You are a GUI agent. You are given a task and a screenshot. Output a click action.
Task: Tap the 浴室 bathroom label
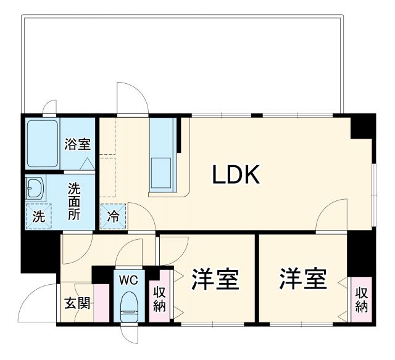coord(78,145)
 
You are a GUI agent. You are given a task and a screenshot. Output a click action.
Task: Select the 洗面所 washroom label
coord(74,201)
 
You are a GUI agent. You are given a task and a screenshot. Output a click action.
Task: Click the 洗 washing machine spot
coord(38,216)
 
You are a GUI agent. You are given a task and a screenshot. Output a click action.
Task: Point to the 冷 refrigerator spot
coord(113,216)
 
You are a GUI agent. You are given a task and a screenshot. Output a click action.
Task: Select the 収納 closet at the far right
coord(361,298)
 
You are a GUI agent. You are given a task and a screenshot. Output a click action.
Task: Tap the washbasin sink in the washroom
coord(35,189)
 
